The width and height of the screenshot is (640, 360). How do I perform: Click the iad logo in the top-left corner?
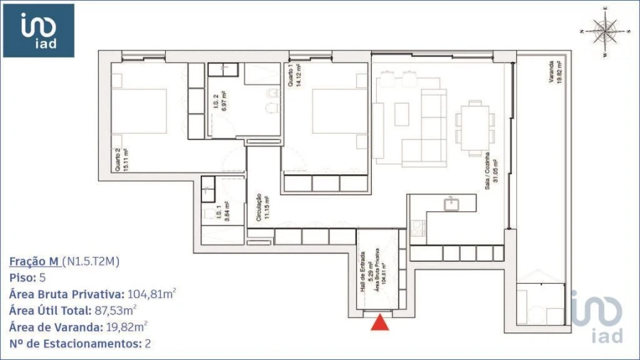click(38, 31)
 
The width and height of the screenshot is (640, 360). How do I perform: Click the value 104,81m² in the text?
click(151, 294)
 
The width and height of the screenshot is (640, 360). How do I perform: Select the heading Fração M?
click(34, 261)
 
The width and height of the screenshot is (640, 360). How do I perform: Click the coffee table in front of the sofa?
click(402, 114)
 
